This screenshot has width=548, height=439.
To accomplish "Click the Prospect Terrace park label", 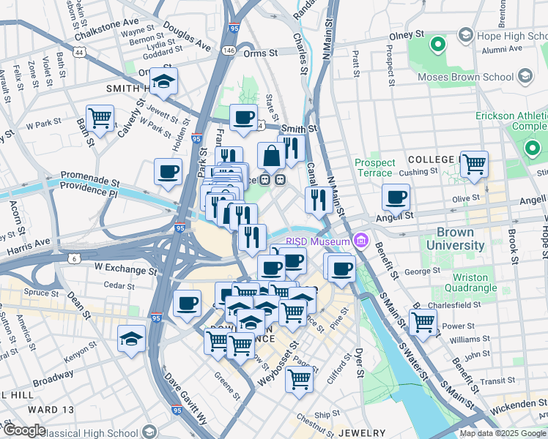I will [374, 168].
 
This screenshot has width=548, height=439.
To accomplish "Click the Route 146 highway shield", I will [229, 50].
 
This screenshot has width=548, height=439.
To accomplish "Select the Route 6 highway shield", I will [73, 258].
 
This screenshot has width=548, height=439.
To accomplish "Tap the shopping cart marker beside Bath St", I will [100, 118].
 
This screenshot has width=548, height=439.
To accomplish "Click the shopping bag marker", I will [271, 155].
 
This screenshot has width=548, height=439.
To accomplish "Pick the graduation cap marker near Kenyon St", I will [132, 338].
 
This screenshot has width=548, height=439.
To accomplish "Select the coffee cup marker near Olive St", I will [396, 197].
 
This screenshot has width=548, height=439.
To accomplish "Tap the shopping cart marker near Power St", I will [423, 321].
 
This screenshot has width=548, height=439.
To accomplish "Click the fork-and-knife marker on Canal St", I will [318, 199].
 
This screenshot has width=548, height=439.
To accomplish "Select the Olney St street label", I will [407, 34].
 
